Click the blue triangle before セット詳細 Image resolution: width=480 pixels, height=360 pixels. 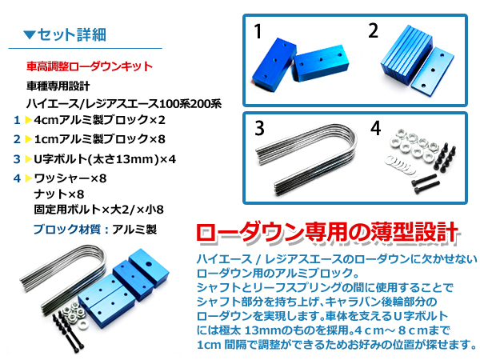point(30,34)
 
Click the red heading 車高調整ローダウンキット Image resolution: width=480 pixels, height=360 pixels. point(90,66)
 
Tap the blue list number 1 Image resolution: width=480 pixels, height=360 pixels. point(17,120)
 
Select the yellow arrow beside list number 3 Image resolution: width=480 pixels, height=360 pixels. point(29,159)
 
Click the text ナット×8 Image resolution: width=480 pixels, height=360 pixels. point(58,194)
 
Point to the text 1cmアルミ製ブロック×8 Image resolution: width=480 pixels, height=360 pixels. point(99,139)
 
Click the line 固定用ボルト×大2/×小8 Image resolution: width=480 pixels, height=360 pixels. point(98,210)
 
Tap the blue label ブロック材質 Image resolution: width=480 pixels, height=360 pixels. point(66,230)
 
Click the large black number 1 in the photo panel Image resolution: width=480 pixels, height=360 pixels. point(258,31)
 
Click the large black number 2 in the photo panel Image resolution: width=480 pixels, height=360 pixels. point(373,30)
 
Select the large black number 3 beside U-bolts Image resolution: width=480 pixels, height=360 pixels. point(259,128)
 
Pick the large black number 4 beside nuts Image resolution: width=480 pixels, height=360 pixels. point(376,128)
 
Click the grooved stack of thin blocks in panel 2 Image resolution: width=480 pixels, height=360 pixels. point(406,54)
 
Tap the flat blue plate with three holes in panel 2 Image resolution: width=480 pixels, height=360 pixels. point(432,70)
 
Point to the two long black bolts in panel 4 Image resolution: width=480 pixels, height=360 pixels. point(426,183)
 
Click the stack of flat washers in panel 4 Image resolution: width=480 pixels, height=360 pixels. point(402,166)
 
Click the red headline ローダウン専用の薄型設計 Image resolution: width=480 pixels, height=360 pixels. point(327,234)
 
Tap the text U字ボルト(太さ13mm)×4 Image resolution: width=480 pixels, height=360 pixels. point(105,159)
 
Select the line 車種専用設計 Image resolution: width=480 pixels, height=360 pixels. point(58,86)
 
